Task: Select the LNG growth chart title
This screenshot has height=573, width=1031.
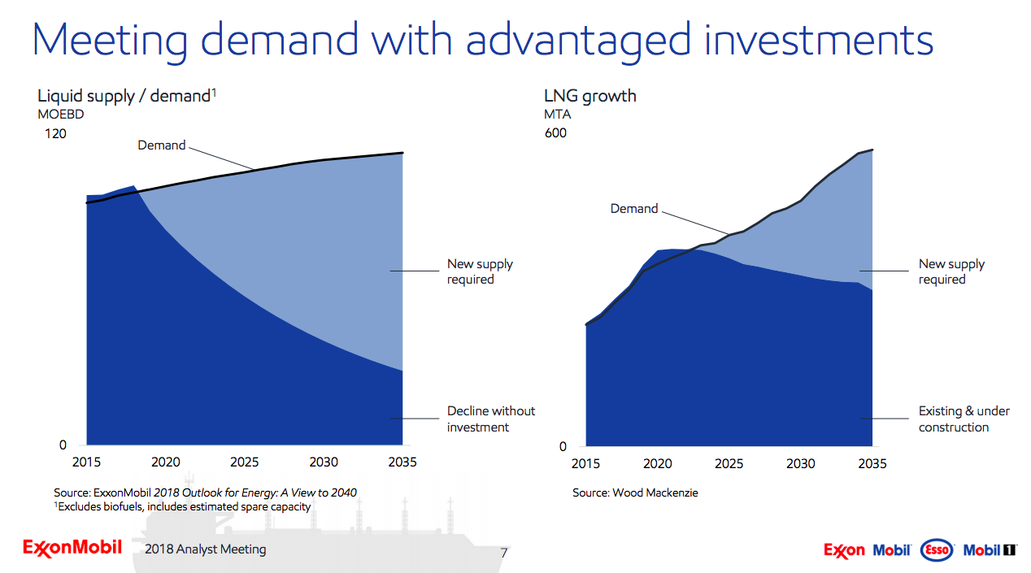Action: (x=589, y=96)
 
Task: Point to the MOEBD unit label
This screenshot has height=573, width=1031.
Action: (x=61, y=115)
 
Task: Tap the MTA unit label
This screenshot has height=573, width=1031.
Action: (x=557, y=115)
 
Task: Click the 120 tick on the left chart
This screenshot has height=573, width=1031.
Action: (x=54, y=133)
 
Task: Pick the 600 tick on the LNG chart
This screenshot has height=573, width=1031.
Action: (x=555, y=133)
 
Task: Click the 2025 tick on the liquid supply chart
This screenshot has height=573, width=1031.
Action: (x=244, y=462)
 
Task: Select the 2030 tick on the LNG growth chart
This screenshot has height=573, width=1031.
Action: (x=800, y=464)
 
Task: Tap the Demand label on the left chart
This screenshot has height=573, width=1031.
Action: (x=161, y=145)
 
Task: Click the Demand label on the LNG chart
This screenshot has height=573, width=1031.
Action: (x=634, y=209)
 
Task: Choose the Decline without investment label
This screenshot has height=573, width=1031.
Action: (x=490, y=419)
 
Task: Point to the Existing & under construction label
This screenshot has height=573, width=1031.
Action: (x=964, y=419)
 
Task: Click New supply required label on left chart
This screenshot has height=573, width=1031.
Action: (x=480, y=271)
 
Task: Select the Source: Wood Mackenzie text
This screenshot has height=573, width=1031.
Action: (x=635, y=493)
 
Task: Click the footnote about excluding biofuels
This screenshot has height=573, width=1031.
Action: (x=182, y=506)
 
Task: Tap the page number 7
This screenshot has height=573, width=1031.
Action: (x=503, y=553)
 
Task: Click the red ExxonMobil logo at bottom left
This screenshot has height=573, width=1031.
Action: (x=72, y=547)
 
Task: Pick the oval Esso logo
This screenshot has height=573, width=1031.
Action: (x=937, y=550)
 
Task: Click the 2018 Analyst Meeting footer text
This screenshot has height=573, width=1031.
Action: (x=205, y=549)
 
